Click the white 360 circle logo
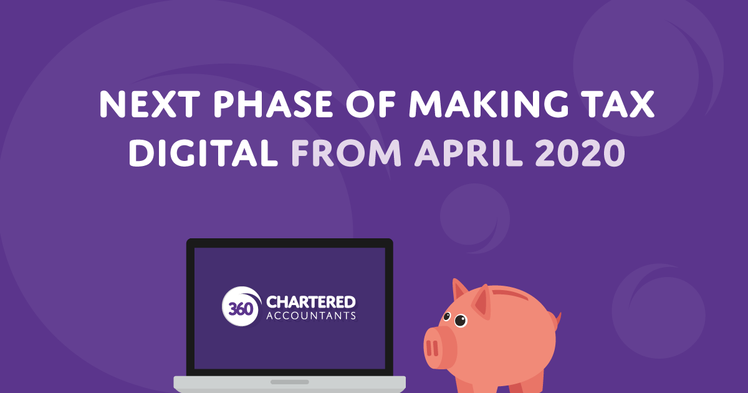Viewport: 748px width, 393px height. tap(241, 307)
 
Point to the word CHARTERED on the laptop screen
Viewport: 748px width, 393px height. tap(311, 303)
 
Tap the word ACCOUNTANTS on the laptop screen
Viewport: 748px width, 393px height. tap(311, 316)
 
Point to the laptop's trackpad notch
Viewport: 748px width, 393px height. tap(290, 381)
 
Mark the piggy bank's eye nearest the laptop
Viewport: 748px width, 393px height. tap(446, 316)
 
